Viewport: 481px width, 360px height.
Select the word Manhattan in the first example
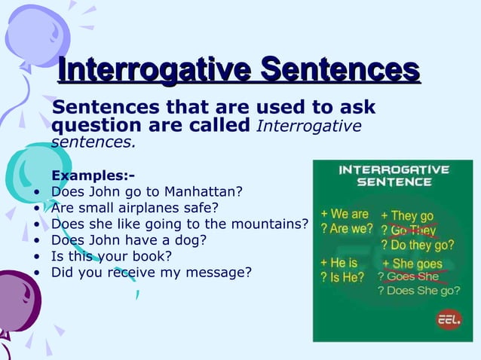(204, 191)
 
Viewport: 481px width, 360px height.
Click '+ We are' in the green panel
(345, 214)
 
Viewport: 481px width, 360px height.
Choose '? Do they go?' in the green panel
(417, 245)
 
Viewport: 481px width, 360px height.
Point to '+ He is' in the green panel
(339, 263)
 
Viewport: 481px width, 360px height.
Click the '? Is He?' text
(342, 277)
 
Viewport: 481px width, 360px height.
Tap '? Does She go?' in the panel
(415, 291)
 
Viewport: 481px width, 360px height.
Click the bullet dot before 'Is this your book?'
(37, 256)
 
